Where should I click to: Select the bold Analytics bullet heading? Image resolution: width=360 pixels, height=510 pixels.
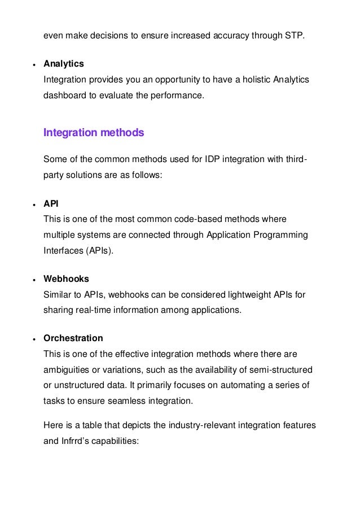(64, 64)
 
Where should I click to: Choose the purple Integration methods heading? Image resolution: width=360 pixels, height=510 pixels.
(94, 133)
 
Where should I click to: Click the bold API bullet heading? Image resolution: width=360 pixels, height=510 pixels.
(51, 203)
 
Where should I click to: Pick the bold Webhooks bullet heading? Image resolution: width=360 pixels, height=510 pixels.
(66, 279)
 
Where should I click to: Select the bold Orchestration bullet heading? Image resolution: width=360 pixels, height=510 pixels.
(73, 338)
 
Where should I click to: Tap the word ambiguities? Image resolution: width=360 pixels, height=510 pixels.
(68, 369)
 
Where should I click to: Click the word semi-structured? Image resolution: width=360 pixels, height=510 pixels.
(279, 369)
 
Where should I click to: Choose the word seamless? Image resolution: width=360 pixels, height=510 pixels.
(131, 401)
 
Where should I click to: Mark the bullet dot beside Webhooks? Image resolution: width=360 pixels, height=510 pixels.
(34, 280)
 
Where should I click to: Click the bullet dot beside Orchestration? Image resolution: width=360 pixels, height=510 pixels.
(34, 339)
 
